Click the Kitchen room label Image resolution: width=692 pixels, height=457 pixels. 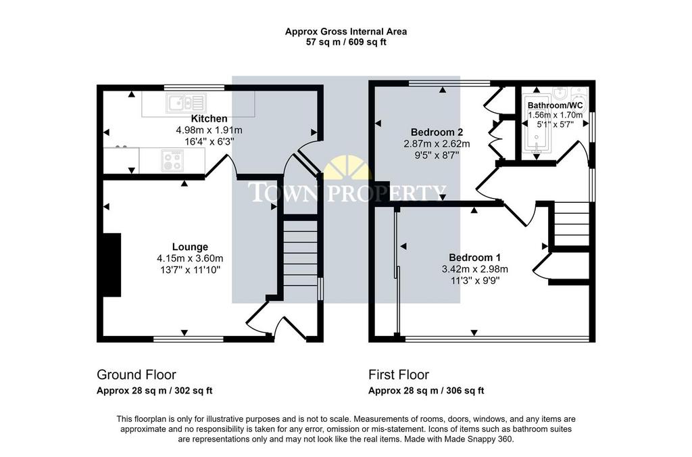pos(209,118)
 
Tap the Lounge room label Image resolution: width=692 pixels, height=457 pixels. pos(190,247)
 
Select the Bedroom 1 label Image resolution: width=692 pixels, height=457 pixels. pos(474,258)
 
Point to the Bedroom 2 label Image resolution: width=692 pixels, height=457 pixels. pos(437,132)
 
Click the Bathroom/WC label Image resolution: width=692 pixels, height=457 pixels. pos(555,105)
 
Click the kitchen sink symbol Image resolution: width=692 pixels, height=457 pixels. pos(187,103)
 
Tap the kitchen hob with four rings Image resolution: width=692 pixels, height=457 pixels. pos(172,160)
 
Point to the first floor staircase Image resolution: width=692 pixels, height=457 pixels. pos(572,224)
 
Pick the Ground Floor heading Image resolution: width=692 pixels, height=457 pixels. pos(137,375)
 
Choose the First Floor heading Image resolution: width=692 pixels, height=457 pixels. pos(399,375)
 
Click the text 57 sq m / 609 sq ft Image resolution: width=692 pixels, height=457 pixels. pos(346,43)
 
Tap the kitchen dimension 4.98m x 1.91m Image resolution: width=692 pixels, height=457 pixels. pos(209,130)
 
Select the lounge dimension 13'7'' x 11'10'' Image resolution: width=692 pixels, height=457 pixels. pos(190,269)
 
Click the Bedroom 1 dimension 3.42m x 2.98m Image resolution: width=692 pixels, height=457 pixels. pos(474,269)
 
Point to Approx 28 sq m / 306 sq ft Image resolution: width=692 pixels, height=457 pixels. pos(426,391)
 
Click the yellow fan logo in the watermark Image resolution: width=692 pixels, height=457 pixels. pos(347,168)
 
